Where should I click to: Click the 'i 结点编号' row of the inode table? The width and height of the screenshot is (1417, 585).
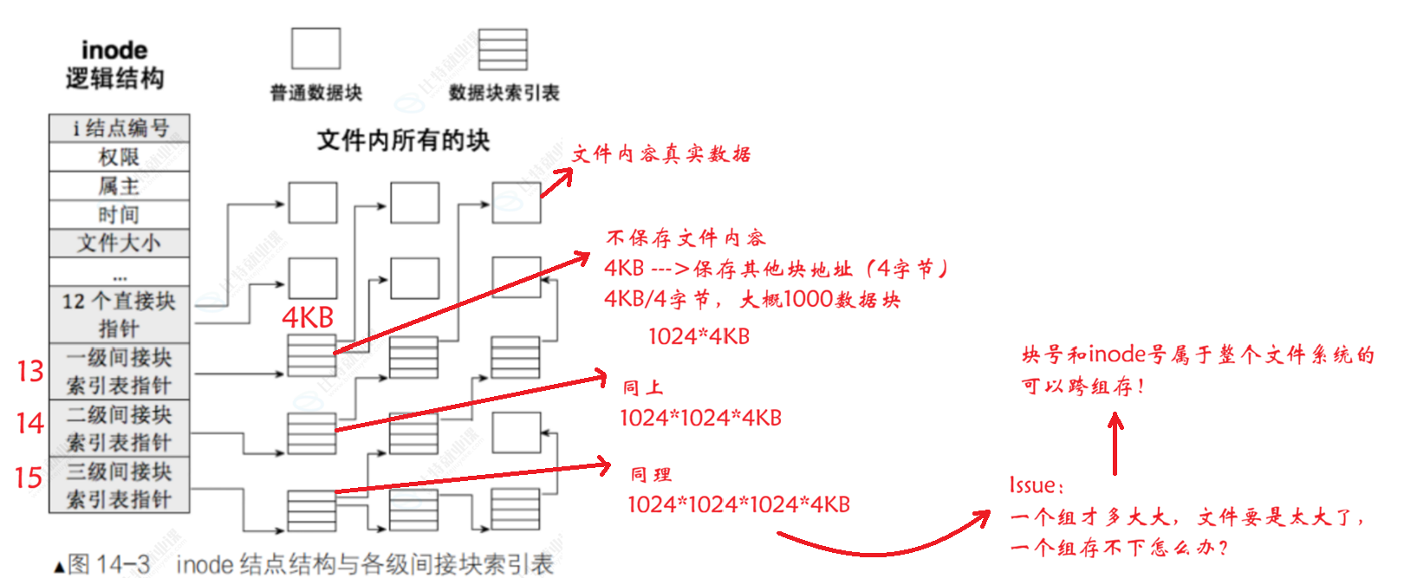point(119,128)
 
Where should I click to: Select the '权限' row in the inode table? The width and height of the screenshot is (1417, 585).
point(119,157)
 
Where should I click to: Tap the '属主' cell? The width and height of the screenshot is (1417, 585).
point(119,185)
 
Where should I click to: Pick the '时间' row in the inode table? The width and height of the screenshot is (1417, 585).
point(119,214)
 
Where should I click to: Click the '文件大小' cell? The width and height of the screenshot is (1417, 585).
point(119,243)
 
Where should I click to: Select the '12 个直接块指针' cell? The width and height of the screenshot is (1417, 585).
point(119,314)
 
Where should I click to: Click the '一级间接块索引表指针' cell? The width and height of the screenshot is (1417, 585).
point(119,371)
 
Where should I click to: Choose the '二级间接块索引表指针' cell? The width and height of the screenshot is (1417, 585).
point(119,428)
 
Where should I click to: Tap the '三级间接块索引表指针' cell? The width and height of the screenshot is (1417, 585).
point(119,485)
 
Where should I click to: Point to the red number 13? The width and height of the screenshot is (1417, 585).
point(30,371)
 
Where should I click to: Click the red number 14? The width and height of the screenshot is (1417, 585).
point(30,423)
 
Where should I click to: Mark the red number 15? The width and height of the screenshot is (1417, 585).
point(29,478)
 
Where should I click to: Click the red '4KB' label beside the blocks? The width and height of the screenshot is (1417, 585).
point(308,318)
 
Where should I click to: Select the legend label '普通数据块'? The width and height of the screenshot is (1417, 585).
point(315,93)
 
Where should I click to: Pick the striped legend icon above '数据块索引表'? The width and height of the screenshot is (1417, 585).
point(503,49)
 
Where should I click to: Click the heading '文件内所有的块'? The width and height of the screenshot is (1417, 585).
point(403,140)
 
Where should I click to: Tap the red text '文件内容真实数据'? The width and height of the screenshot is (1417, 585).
point(661,154)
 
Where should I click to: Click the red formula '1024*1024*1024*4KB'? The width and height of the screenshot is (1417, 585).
point(738,504)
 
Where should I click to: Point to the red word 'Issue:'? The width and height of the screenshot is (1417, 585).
point(1036,485)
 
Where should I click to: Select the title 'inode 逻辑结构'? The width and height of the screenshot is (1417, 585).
point(114,64)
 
